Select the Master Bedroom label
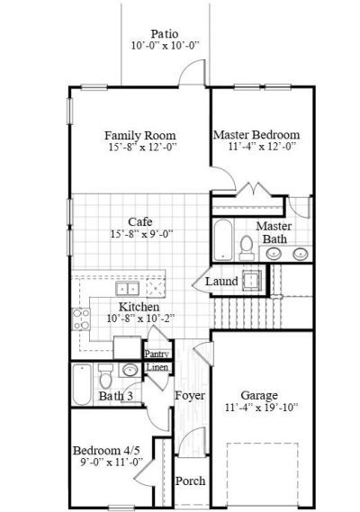pyautogui.click(x=256, y=134)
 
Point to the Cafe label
pyautogui.click(x=139, y=221)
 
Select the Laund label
pyautogui.click(x=221, y=282)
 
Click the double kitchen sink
pyautogui.click(x=128, y=288)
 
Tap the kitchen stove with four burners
pyautogui.click(x=82, y=317)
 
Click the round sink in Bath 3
pyautogui.click(x=130, y=371)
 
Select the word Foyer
pyautogui.click(x=189, y=396)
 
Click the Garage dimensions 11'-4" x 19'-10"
pyautogui.click(x=258, y=407)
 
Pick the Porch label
pyautogui.click(x=190, y=481)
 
